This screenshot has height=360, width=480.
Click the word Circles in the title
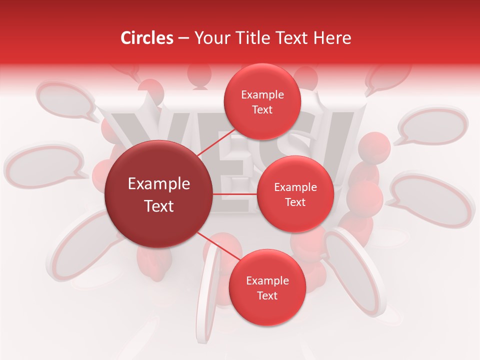click(147, 38)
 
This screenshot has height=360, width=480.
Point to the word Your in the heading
click(211, 38)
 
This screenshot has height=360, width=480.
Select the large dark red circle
click(158, 194)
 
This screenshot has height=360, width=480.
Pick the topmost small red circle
click(262, 101)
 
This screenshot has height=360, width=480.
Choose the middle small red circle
click(295, 194)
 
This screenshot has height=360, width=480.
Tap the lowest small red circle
click(267, 287)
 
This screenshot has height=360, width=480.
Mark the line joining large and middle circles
click(235, 194)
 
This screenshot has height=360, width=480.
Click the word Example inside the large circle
click(158, 184)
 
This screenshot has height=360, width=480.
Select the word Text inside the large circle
click(158, 206)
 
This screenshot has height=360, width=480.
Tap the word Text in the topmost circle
click(262, 109)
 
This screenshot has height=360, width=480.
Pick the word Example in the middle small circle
click(295, 187)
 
